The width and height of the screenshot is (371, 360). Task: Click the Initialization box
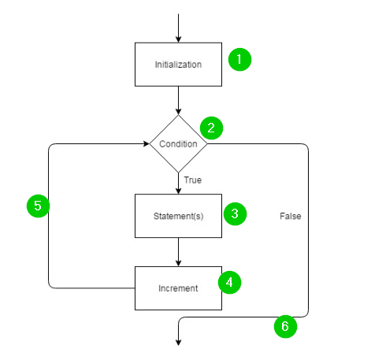pos(179,65)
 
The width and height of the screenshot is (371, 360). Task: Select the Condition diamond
pos(179,144)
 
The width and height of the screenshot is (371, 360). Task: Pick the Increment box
pos(179,288)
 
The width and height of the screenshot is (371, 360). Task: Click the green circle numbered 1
pos(239,60)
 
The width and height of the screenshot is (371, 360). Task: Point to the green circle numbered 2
pos(211,127)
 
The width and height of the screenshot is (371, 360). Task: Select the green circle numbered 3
pos(235,213)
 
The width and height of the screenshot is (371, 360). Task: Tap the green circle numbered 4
pos(229,282)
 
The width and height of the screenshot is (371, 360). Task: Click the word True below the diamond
pos(193,180)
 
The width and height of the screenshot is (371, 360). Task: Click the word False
pos(291,215)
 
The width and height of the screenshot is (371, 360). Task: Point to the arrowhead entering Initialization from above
pos(179,39)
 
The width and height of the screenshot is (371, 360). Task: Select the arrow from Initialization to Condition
pos(179,100)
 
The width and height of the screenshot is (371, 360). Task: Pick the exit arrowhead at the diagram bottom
pos(179,341)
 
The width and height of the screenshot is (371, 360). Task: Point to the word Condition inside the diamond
pos(179,144)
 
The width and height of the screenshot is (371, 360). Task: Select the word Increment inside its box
pos(179,288)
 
